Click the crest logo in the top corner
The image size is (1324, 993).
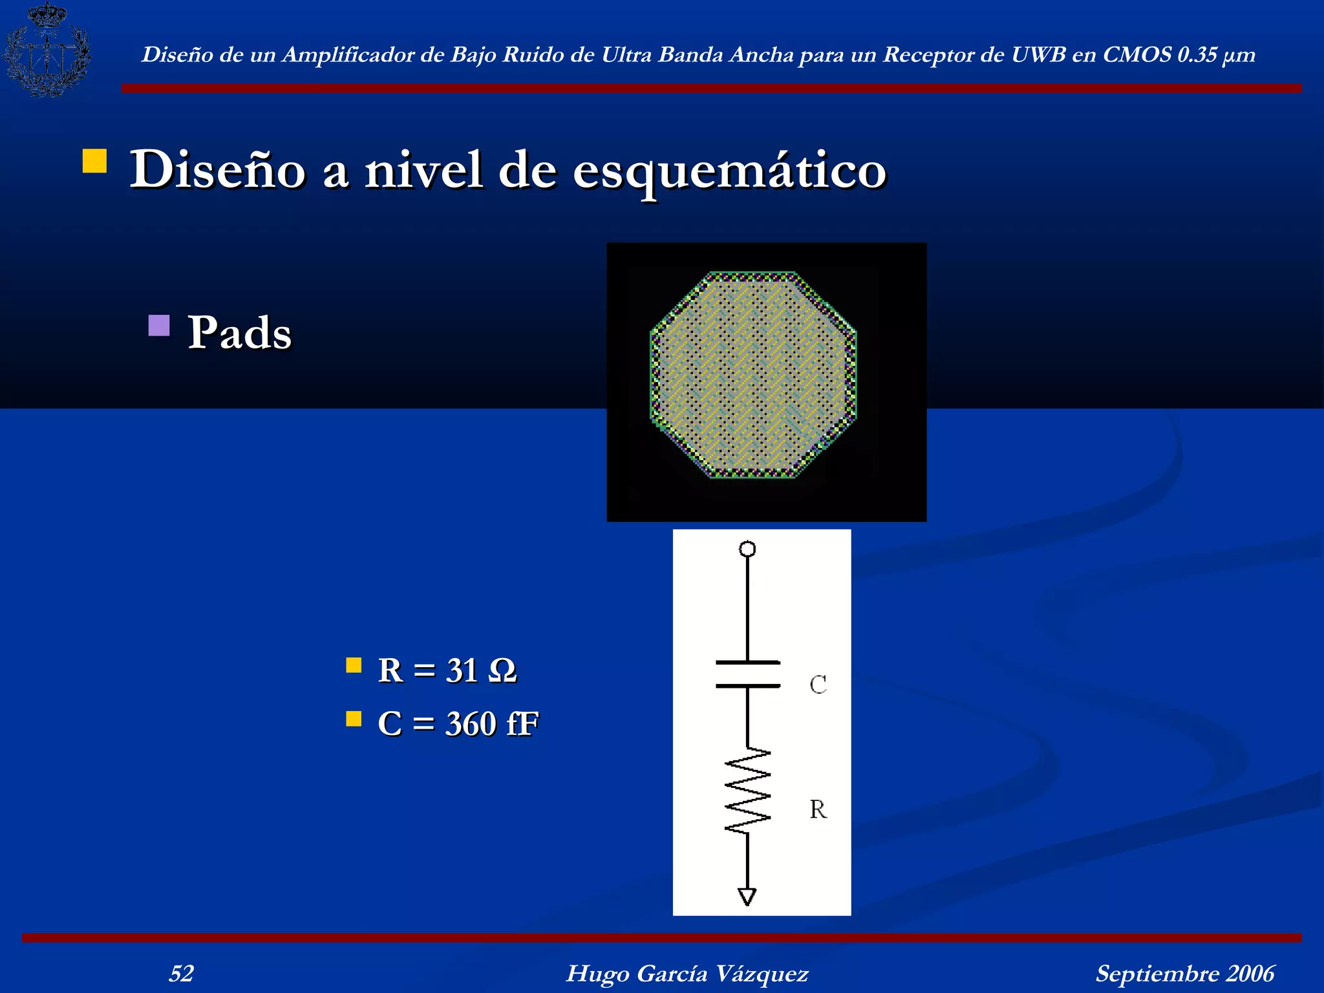(x=47, y=49)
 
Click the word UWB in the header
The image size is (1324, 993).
(x=1038, y=55)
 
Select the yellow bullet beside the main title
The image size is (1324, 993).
(x=95, y=161)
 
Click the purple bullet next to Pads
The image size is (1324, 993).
(x=159, y=325)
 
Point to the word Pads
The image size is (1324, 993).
(x=239, y=332)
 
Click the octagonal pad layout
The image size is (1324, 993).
(x=753, y=375)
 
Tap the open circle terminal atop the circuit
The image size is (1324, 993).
(x=747, y=549)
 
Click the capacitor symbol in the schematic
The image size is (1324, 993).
(x=748, y=674)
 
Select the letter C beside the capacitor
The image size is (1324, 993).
(x=818, y=685)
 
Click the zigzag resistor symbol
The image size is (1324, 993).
(x=748, y=791)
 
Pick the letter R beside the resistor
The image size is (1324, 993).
(x=818, y=809)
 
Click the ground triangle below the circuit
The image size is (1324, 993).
(x=747, y=897)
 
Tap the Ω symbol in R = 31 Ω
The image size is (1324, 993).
(x=502, y=670)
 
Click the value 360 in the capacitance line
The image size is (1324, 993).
(x=471, y=723)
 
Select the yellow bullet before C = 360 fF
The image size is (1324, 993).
(x=354, y=719)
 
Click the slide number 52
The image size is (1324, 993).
(x=181, y=973)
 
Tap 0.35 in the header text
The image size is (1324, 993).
(x=1197, y=55)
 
